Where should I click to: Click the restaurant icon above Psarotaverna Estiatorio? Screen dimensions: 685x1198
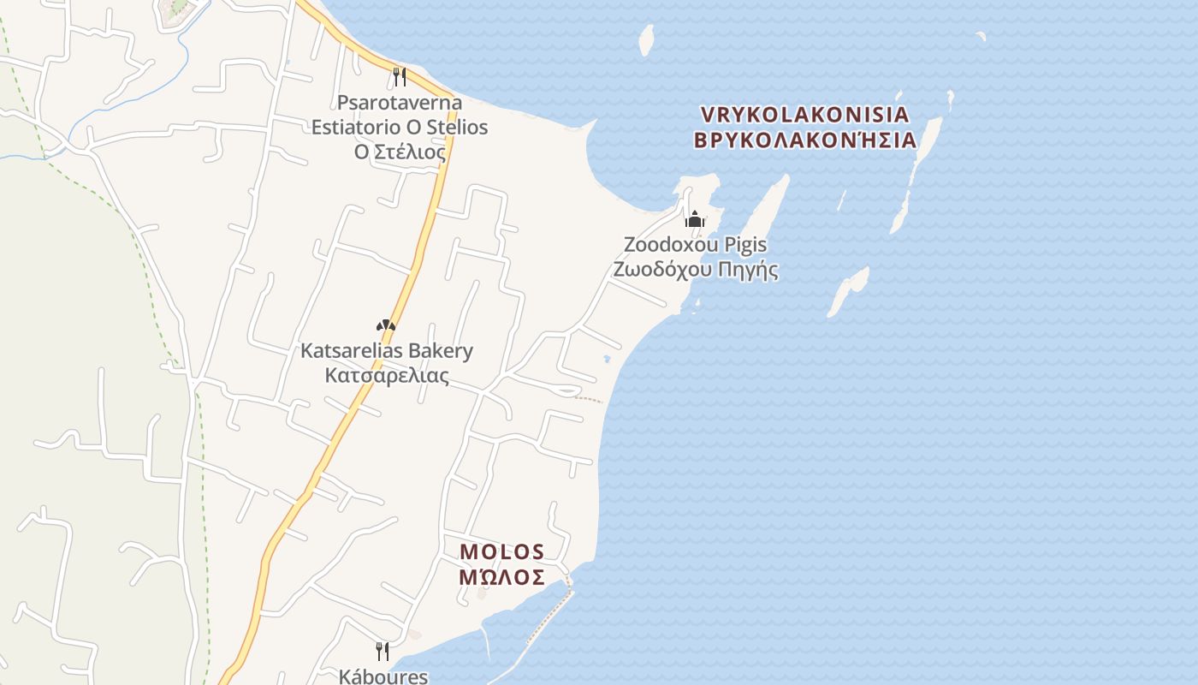pos(399,77)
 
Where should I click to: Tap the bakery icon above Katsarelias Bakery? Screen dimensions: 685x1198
pos(386,325)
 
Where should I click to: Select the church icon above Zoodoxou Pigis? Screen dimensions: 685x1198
pos(695,219)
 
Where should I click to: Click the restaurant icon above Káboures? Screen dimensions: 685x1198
pos(383,651)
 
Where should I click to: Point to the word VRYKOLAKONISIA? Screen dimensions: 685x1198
pos(804,115)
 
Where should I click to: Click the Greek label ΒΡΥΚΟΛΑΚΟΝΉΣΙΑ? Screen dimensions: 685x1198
pos(804,140)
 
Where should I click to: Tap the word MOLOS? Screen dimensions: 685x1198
pos(502,551)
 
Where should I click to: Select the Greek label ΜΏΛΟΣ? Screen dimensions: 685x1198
pos(502,577)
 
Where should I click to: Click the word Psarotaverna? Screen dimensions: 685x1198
pos(400,103)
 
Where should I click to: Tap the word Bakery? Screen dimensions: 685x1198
pos(440,351)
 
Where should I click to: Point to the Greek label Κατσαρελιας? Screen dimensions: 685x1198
pos(387,376)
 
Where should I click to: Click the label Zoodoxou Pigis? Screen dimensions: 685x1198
pos(695,245)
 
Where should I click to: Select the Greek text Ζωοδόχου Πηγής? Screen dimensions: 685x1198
pos(695,270)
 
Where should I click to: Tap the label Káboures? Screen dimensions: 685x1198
pos(383,676)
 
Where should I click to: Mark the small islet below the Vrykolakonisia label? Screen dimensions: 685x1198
pos(848,290)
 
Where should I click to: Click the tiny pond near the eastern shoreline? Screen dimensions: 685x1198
pos(607,359)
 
